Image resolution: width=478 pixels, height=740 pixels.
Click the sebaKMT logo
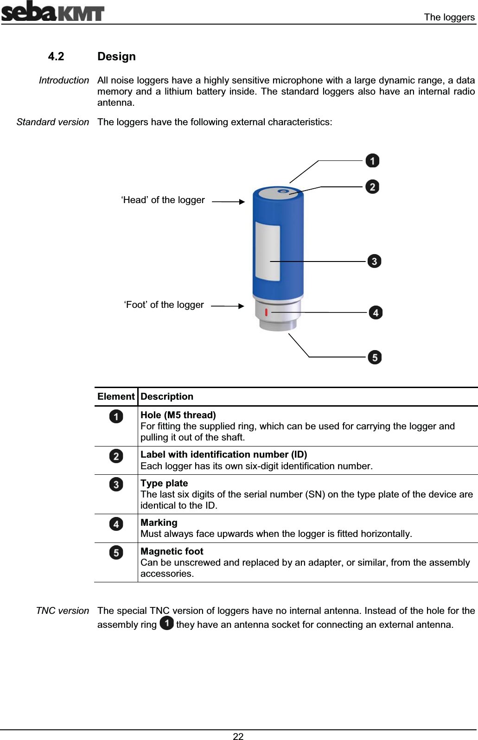(x=52, y=12)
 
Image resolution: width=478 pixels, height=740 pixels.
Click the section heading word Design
(x=116, y=57)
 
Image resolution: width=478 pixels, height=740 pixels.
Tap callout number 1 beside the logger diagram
(x=372, y=161)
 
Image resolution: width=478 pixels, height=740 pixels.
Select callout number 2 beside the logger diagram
(x=372, y=187)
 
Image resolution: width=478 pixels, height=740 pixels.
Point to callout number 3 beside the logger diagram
(x=374, y=261)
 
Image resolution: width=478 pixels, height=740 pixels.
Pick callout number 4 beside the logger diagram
(x=376, y=313)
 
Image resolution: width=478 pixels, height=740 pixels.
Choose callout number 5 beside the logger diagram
(x=375, y=357)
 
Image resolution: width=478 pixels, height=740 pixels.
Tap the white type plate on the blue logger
(x=268, y=250)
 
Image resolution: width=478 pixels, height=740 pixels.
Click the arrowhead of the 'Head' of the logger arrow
(x=242, y=202)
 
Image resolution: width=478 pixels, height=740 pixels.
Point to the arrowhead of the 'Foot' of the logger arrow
(x=241, y=306)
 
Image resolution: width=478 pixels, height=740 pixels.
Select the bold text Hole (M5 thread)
(x=178, y=415)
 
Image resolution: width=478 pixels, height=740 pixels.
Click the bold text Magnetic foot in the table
(x=172, y=551)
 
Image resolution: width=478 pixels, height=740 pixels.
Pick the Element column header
(x=116, y=396)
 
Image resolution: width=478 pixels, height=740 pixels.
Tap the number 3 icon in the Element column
(x=116, y=485)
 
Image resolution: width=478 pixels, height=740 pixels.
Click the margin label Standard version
(x=52, y=122)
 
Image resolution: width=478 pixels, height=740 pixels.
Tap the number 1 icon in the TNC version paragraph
(x=166, y=624)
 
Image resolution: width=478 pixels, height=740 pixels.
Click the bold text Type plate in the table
(x=164, y=483)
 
